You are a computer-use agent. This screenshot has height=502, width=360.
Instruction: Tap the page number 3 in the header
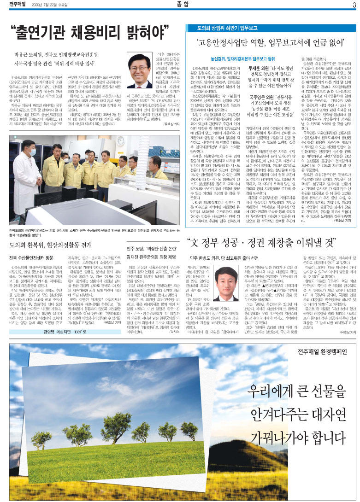(x=354, y=5)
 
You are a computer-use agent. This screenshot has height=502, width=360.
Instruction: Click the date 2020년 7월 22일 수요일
(x=55, y=6)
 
